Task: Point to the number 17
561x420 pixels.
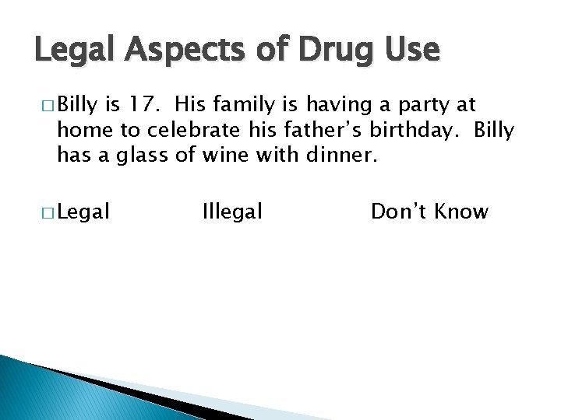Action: [x=146, y=104]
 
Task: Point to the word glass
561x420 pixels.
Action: [x=143, y=156]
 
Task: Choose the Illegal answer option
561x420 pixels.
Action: [x=232, y=211]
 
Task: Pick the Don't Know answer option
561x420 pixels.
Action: [x=429, y=211]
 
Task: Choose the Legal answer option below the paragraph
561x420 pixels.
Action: [x=83, y=211]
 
